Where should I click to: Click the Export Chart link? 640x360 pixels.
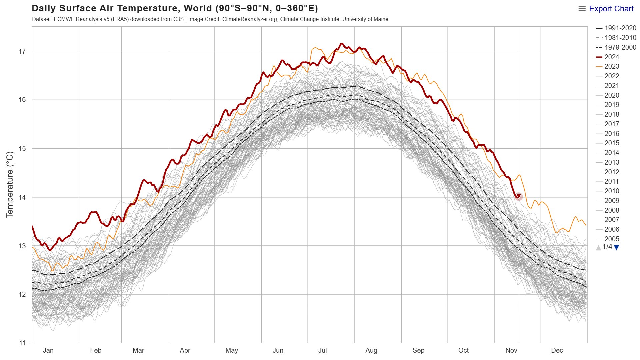(611, 9)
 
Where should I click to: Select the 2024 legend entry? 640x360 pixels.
(612, 57)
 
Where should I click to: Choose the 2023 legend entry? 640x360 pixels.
(612, 67)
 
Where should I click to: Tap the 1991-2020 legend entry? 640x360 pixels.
(620, 28)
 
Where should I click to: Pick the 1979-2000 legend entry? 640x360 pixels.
(620, 47)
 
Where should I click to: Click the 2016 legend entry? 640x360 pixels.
(612, 134)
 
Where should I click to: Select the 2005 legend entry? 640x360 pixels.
(612, 239)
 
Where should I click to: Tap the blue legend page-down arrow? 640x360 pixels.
(617, 248)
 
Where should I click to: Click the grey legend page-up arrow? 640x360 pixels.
(598, 248)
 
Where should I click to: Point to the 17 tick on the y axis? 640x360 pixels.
(22, 51)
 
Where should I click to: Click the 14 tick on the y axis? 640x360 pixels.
(22, 197)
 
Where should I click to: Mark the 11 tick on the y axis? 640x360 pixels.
(22, 343)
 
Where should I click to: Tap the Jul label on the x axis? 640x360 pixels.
(322, 350)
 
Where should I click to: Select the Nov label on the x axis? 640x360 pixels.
(511, 350)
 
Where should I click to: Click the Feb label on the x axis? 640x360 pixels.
(96, 350)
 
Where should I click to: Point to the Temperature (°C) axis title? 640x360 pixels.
(10, 185)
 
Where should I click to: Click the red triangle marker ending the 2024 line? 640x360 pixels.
(518, 196)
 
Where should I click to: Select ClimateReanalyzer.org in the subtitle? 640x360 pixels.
(250, 19)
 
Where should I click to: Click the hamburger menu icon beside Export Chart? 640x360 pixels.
(582, 9)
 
